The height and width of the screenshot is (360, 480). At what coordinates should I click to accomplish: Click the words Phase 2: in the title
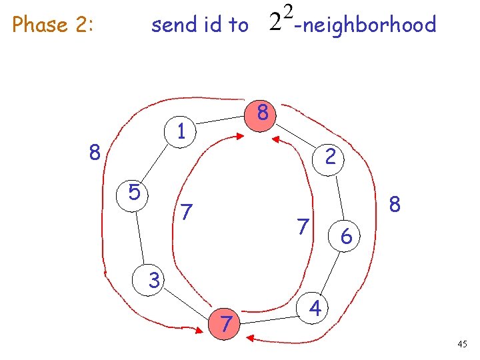pyautogui.click(x=53, y=25)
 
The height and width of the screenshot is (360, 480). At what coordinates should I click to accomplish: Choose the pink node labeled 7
pyautogui.click(x=226, y=324)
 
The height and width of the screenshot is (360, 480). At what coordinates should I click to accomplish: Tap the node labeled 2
pyautogui.click(x=330, y=157)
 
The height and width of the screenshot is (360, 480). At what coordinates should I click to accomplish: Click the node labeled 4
pyautogui.click(x=315, y=308)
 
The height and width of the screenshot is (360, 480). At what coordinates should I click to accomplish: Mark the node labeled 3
pyautogui.click(x=154, y=281)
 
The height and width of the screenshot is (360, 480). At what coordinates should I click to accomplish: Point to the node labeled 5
pyautogui.click(x=134, y=193)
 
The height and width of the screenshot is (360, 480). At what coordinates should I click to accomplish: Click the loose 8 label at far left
pyautogui.click(x=95, y=154)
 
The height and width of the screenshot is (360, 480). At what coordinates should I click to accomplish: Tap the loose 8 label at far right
pyautogui.click(x=395, y=204)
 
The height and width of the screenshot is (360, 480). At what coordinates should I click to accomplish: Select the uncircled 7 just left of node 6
pyautogui.click(x=303, y=227)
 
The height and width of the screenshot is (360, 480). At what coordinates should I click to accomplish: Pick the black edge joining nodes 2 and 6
pyautogui.click(x=339, y=196)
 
